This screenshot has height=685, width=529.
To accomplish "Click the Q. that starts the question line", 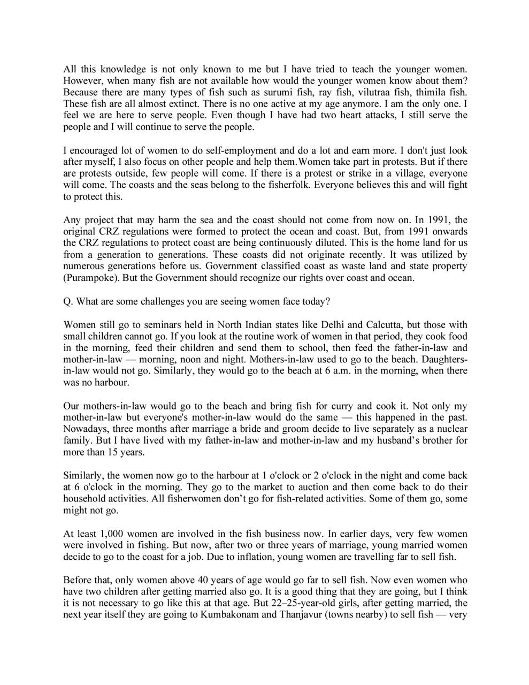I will pyautogui.click(x=68, y=301).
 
